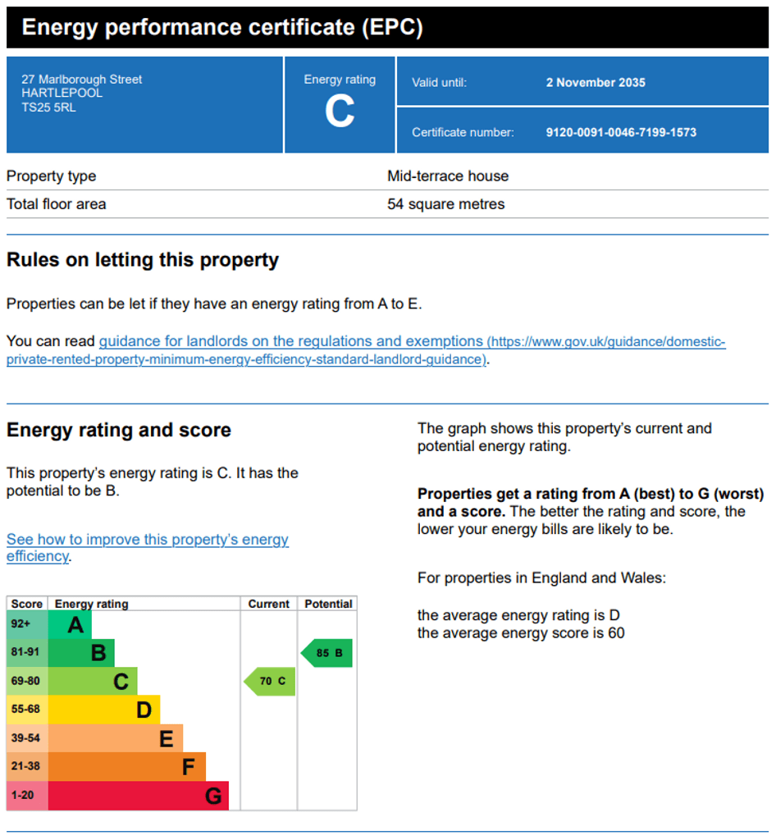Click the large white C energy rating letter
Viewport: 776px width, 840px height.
(x=340, y=112)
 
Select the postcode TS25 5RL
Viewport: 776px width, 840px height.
(x=48, y=107)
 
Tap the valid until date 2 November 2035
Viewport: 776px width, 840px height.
(x=596, y=83)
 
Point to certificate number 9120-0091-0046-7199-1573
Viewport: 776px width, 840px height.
(x=621, y=132)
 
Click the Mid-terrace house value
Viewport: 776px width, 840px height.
(x=448, y=176)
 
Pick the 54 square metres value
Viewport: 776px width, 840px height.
(x=445, y=204)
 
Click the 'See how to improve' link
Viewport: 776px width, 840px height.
(x=148, y=547)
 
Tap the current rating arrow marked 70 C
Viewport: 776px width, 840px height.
(x=270, y=682)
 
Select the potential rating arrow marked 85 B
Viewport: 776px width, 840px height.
(x=326, y=653)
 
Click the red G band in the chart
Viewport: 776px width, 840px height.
(x=138, y=796)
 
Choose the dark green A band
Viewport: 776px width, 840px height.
(x=70, y=624)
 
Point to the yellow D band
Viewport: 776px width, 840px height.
(x=104, y=710)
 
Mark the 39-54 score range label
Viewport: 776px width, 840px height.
(x=25, y=738)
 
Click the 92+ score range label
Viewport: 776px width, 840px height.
(x=21, y=624)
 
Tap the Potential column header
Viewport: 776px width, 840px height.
(x=328, y=604)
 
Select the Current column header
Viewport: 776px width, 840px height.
(x=268, y=604)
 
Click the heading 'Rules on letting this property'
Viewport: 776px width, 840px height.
(x=143, y=260)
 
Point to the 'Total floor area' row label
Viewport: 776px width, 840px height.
(x=57, y=204)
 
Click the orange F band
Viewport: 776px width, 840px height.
(x=127, y=767)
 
